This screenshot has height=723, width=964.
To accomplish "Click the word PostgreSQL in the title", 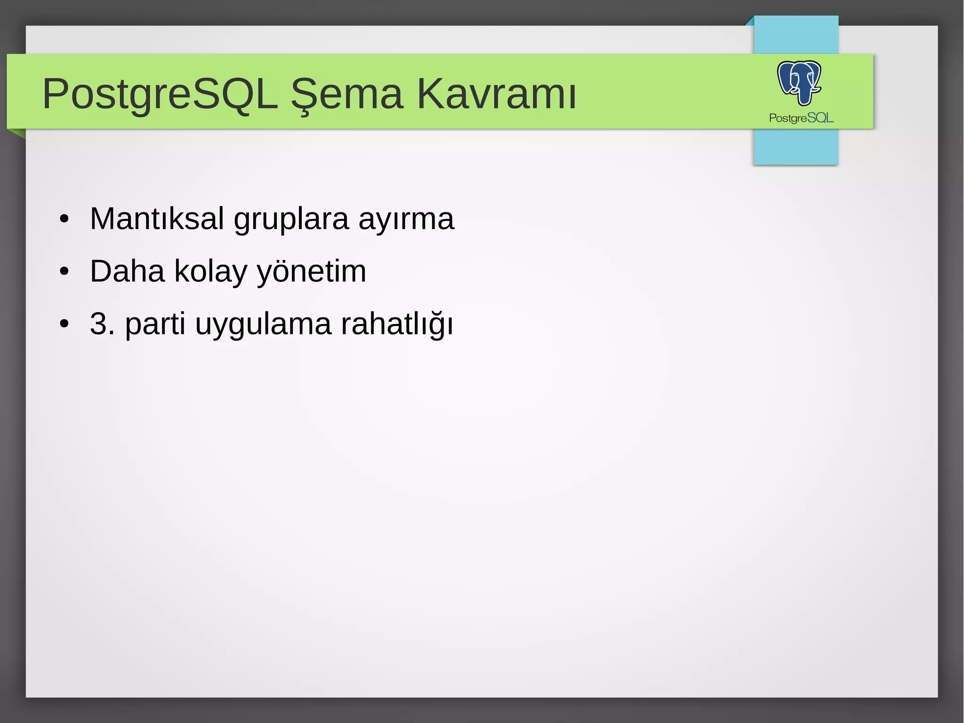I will (x=160, y=94).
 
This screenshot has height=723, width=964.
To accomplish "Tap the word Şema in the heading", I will (x=347, y=94).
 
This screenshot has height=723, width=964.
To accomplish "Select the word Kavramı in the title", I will (x=497, y=94).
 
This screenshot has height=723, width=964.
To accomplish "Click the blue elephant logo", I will (x=799, y=82).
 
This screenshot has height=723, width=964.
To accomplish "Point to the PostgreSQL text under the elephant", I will (x=801, y=118).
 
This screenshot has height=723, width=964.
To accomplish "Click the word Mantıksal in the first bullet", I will (x=157, y=219).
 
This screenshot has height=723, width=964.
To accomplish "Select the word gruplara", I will (x=291, y=220).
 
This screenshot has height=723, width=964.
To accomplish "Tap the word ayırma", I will (x=406, y=220).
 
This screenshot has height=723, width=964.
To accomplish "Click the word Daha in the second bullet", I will (x=127, y=271).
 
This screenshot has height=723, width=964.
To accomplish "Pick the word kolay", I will (x=210, y=272).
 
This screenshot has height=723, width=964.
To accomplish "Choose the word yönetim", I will (x=311, y=272).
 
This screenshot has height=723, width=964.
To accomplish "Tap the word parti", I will (x=155, y=325).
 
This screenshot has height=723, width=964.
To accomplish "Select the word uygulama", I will (x=263, y=325).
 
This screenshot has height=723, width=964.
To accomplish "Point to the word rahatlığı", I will (x=397, y=325).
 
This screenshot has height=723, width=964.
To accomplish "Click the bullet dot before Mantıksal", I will (x=64, y=219).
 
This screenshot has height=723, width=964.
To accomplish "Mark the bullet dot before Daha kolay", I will (x=64, y=272).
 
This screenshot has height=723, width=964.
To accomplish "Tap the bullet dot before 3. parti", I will (x=64, y=325).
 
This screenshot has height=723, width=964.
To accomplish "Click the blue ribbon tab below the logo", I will (x=795, y=147).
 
